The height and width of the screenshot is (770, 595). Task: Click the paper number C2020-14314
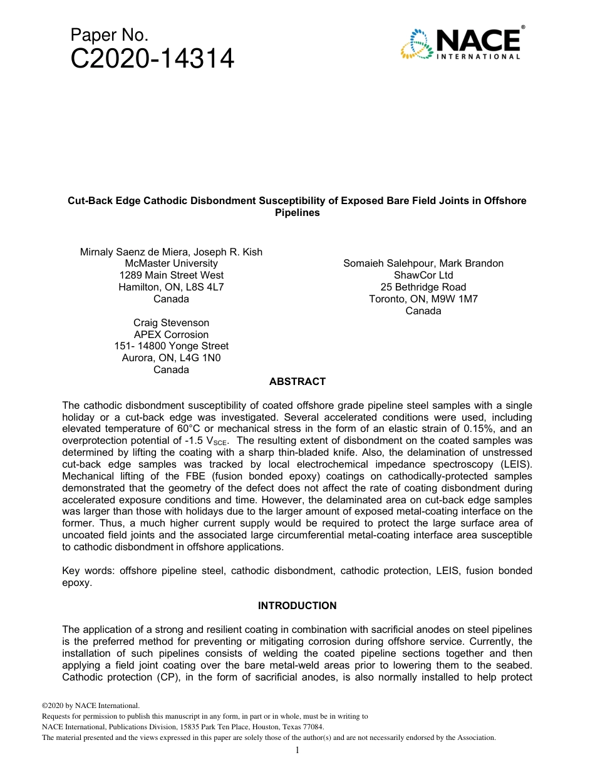[x=152, y=59]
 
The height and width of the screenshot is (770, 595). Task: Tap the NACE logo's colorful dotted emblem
[x=414, y=44]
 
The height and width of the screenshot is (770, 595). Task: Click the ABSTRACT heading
[x=297, y=381]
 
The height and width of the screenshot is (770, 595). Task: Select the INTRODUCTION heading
[x=297, y=605]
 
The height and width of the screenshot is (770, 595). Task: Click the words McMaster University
[x=171, y=264]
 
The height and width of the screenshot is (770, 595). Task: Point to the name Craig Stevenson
[x=171, y=322]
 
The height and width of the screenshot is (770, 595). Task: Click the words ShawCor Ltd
[x=423, y=275]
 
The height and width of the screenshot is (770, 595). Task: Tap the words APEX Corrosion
[x=171, y=334]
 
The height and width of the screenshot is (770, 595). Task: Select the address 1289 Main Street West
[x=171, y=275]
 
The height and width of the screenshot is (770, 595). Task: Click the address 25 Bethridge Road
[x=423, y=287]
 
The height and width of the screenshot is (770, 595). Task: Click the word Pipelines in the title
[x=297, y=213]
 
